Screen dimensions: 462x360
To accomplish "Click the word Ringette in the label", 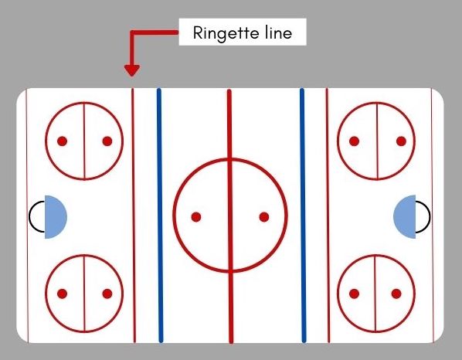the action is (x=226, y=33).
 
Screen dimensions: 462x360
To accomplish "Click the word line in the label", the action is (x=278, y=32).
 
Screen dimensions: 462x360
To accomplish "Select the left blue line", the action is (x=160, y=216).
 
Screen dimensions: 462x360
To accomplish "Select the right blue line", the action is (x=303, y=216).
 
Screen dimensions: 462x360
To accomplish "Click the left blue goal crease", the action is (x=55, y=217).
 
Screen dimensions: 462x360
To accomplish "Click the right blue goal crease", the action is (x=405, y=216).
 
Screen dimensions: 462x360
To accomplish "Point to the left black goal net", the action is (x=29, y=216).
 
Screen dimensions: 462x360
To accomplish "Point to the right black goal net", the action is (x=430, y=216).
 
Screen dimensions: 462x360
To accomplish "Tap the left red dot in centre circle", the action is (x=196, y=217).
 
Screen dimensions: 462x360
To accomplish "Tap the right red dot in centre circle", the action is (x=264, y=217).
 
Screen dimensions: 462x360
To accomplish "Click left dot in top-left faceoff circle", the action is (x=62, y=141).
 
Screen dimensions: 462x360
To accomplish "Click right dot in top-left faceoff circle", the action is (x=107, y=141).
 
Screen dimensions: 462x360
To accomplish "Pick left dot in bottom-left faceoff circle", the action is (x=62, y=294).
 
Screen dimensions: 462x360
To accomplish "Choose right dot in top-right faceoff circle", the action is (x=401, y=141).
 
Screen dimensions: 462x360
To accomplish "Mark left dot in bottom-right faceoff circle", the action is (x=354, y=294).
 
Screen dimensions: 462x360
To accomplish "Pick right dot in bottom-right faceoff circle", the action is (x=396, y=294).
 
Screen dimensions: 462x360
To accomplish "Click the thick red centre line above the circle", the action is (x=229, y=124).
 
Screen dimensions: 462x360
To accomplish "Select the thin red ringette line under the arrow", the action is (x=134, y=216).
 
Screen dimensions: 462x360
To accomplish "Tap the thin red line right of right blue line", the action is (x=328, y=216).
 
